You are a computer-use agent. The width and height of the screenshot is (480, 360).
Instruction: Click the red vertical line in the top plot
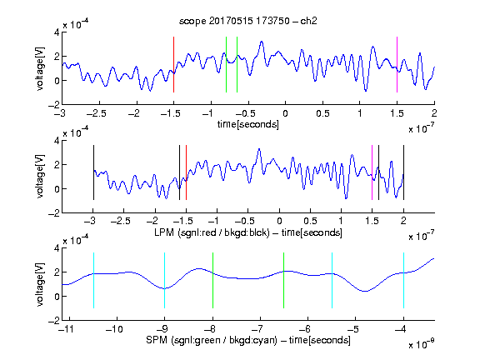[173, 65]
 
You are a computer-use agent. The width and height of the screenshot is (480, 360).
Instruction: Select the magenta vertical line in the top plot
[397, 65]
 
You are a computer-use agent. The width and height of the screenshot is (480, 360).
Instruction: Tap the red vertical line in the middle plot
[186, 172]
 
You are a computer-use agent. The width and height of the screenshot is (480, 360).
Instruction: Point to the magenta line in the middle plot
[372, 172]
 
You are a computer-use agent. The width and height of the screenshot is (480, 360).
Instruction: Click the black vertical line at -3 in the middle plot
[93, 172]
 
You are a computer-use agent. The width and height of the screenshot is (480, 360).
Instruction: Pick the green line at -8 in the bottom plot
[212, 280]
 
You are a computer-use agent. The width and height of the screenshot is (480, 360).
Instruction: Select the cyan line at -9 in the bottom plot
[164, 280]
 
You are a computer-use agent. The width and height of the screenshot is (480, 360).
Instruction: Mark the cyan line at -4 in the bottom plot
[404, 280]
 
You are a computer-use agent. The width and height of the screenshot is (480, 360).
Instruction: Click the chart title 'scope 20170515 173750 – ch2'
[248, 21]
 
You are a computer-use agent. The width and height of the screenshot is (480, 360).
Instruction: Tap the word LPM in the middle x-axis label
[164, 232]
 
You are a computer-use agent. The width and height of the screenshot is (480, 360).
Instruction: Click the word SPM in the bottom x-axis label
[157, 340]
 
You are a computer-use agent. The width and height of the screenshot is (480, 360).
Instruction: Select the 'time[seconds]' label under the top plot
[248, 124]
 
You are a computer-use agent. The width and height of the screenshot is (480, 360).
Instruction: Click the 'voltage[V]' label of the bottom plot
[40, 284]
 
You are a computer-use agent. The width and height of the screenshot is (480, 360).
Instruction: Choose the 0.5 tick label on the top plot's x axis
[322, 113]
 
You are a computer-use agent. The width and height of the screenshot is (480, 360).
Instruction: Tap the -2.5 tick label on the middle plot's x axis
[121, 221]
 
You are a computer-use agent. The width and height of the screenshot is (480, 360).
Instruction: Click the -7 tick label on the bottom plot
[260, 329]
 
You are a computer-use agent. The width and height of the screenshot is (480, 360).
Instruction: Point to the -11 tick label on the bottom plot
[66, 329]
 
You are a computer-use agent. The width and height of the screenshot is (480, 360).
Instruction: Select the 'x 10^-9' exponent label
[421, 344]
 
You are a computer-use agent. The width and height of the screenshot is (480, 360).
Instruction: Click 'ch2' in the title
[308, 21]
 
